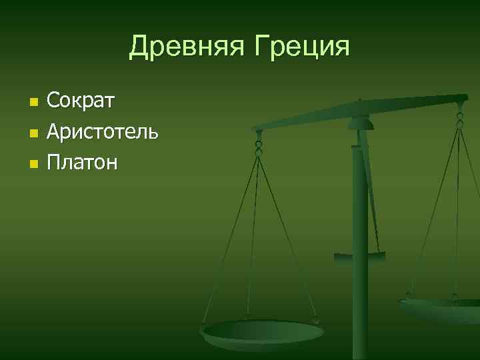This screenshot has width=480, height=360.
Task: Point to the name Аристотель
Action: [x=102, y=132]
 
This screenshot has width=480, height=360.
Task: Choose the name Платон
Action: [x=82, y=162]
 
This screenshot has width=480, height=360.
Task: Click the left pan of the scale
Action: [x=263, y=331]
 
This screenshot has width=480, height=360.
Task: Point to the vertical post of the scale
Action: [x=360, y=267]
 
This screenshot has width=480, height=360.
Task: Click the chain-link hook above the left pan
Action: [x=259, y=143]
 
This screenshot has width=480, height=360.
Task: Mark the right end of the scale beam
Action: [x=464, y=98]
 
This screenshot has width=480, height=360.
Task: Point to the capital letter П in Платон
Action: [x=53, y=162]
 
